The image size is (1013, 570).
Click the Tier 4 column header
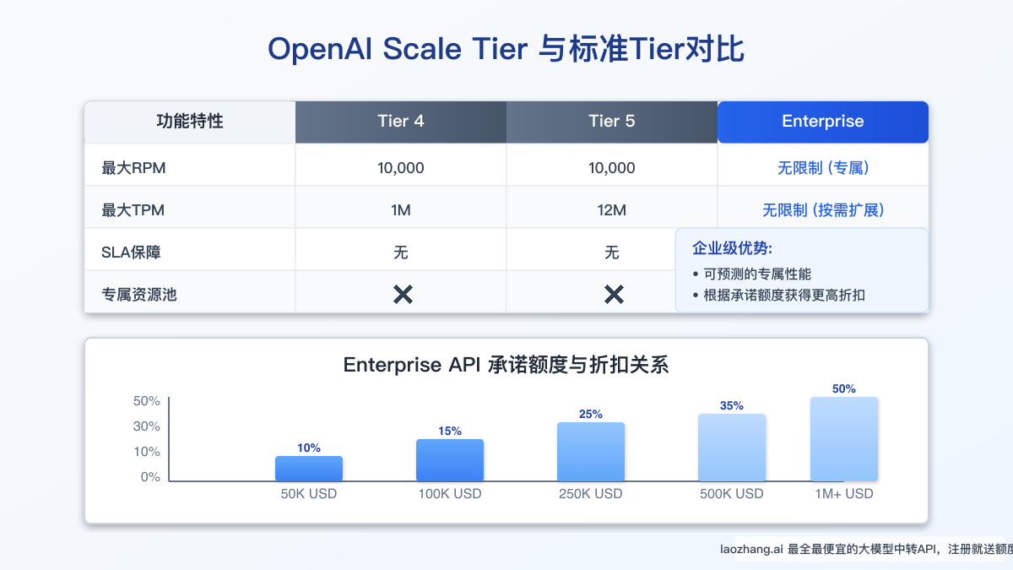click(x=401, y=122)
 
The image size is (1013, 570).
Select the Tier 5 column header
click(x=612, y=122)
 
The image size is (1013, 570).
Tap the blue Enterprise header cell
click(x=823, y=122)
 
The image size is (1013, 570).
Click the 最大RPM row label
click(x=133, y=168)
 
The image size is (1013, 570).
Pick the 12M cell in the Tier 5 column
click(x=612, y=210)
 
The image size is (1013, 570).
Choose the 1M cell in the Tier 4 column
click(x=401, y=210)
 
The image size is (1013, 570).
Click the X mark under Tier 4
click(x=403, y=295)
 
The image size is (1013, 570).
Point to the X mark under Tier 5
click(x=614, y=295)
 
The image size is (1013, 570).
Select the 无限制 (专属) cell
click(x=823, y=168)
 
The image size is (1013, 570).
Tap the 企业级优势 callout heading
click(x=732, y=249)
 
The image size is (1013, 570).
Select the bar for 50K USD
click(x=309, y=469)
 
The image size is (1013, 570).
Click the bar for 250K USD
click(x=591, y=452)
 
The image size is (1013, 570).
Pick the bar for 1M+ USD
click(x=844, y=439)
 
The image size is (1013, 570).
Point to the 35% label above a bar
click(x=732, y=405)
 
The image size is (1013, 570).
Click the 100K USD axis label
click(x=450, y=493)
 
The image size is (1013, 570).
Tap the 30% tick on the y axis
click(x=147, y=426)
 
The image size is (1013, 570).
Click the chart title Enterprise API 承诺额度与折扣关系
click(x=506, y=366)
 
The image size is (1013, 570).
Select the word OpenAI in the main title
click(x=322, y=49)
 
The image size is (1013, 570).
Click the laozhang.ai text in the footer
click(x=750, y=550)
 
